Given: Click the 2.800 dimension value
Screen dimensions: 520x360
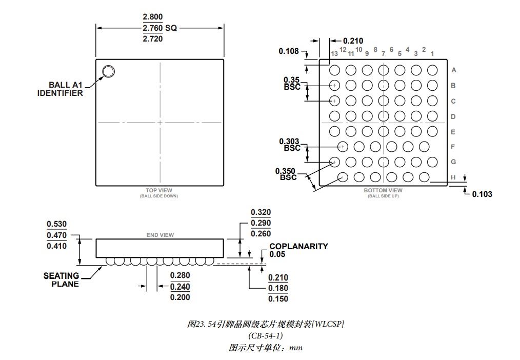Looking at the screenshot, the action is tap(153, 17).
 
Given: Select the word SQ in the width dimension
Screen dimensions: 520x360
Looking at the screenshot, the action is tap(171, 28).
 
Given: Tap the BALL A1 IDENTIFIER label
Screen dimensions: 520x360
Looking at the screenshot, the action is tap(60, 89).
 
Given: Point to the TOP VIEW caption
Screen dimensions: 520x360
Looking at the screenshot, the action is tap(159, 190).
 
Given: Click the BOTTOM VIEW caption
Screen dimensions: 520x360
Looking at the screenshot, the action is tap(383, 190).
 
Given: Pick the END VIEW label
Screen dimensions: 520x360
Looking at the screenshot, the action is tap(160, 235).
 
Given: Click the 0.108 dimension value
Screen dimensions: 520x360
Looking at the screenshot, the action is tap(289, 51).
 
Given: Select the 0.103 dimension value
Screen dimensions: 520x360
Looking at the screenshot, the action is tap(482, 194).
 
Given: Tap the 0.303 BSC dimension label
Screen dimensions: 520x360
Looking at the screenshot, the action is tap(290, 145).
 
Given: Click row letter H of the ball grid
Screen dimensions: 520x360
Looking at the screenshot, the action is tap(453, 177).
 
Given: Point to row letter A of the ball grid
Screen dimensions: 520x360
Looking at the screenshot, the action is tap(454, 70).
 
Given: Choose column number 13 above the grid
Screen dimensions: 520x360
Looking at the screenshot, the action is tap(334, 54).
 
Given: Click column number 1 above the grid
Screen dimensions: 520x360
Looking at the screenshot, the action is tap(432, 54).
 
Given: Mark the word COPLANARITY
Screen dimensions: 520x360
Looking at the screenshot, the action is tap(298, 246).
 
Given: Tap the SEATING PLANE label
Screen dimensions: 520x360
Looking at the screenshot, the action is tap(62, 280).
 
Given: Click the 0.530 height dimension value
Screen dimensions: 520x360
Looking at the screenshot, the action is tap(57, 224).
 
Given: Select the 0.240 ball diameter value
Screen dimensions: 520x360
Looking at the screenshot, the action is tap(180, 287).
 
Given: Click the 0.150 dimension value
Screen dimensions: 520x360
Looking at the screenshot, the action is tap(278, 298).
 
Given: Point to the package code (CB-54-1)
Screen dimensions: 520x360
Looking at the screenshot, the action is tap(266, 336).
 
